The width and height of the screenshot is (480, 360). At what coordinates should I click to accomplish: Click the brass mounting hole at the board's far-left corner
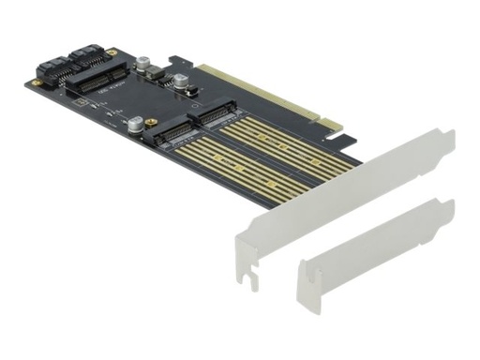[x=30, y=82]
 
